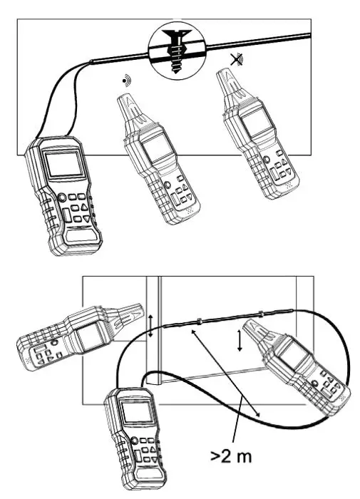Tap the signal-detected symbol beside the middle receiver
point(127,81)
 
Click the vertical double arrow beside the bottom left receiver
point(151,325)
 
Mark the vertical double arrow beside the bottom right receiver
point(240,341)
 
